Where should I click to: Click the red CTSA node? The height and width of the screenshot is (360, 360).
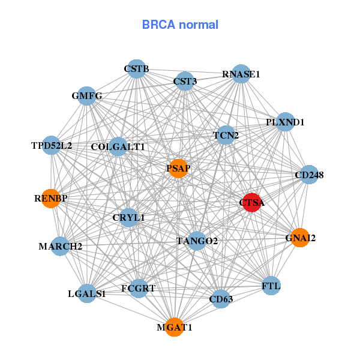tap(251, 203)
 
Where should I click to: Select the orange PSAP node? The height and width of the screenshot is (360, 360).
tap(178, 168)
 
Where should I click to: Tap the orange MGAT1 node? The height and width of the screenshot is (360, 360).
tap(174, 327)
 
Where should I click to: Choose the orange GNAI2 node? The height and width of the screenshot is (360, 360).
tap(299, 238)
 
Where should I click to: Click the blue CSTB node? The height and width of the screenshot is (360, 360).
tap(137, 69)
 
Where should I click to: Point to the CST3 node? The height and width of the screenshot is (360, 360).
tap(185, 81)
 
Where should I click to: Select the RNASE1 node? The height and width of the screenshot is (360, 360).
tap(241, 74)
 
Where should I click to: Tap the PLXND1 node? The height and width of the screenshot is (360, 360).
tap(285, 122)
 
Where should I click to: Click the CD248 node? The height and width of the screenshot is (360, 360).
tap(309, 175)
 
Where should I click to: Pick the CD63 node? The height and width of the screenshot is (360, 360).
tap(221, 298)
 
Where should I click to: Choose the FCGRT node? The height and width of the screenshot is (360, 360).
tap(139, 289)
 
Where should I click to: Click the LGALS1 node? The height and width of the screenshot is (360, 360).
tap(87, 293)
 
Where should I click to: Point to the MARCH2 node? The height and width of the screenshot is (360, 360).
tap(60, 246)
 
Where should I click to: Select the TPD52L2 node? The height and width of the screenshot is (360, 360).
tap(52, 145)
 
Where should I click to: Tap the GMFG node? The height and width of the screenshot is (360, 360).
tap(87, 96)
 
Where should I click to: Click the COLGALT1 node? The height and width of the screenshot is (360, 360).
tap(118, 146)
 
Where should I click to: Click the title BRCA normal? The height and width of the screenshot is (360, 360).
tap(180, 25)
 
